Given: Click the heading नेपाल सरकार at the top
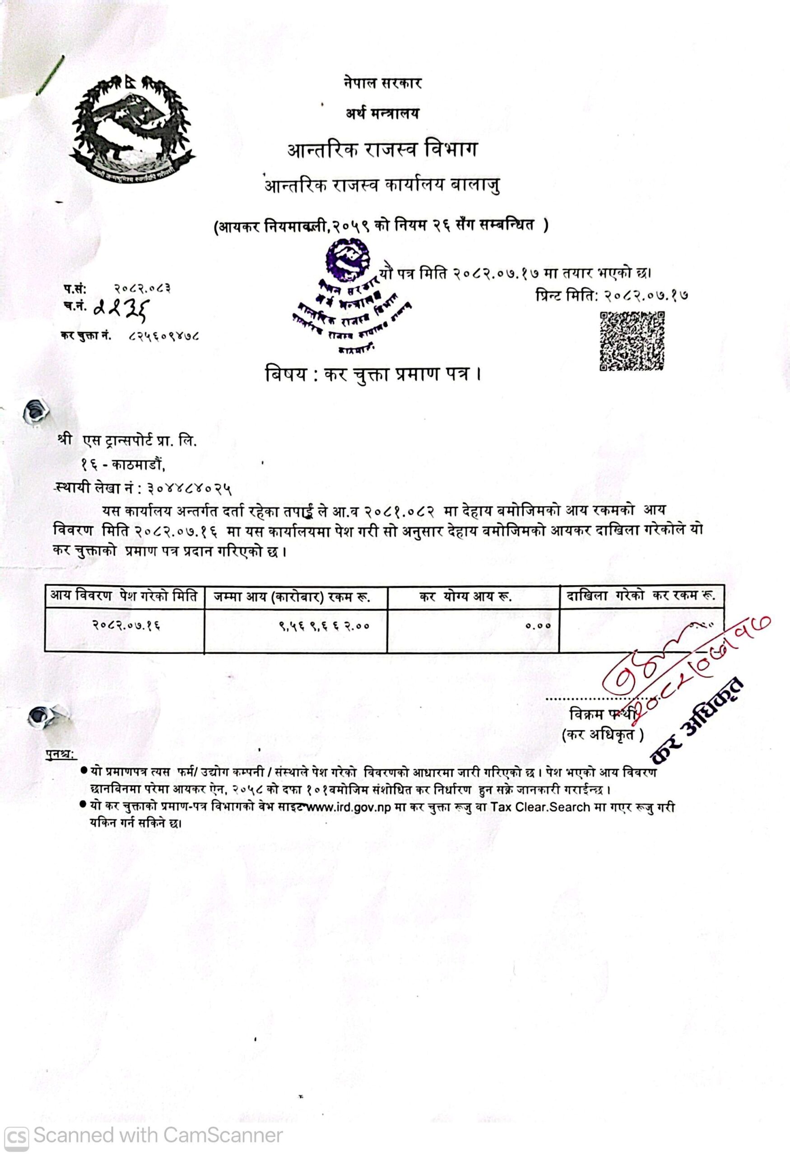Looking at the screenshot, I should tap(382, 83).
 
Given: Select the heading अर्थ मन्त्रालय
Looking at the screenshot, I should tap(382, 114).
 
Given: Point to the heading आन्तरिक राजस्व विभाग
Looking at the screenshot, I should tap(382, 150).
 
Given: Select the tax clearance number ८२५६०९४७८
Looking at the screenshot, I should tap(164, 336).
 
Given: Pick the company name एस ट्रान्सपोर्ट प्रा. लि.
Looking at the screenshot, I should tap(140, 441).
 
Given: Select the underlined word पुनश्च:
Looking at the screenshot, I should tap(59, 754).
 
